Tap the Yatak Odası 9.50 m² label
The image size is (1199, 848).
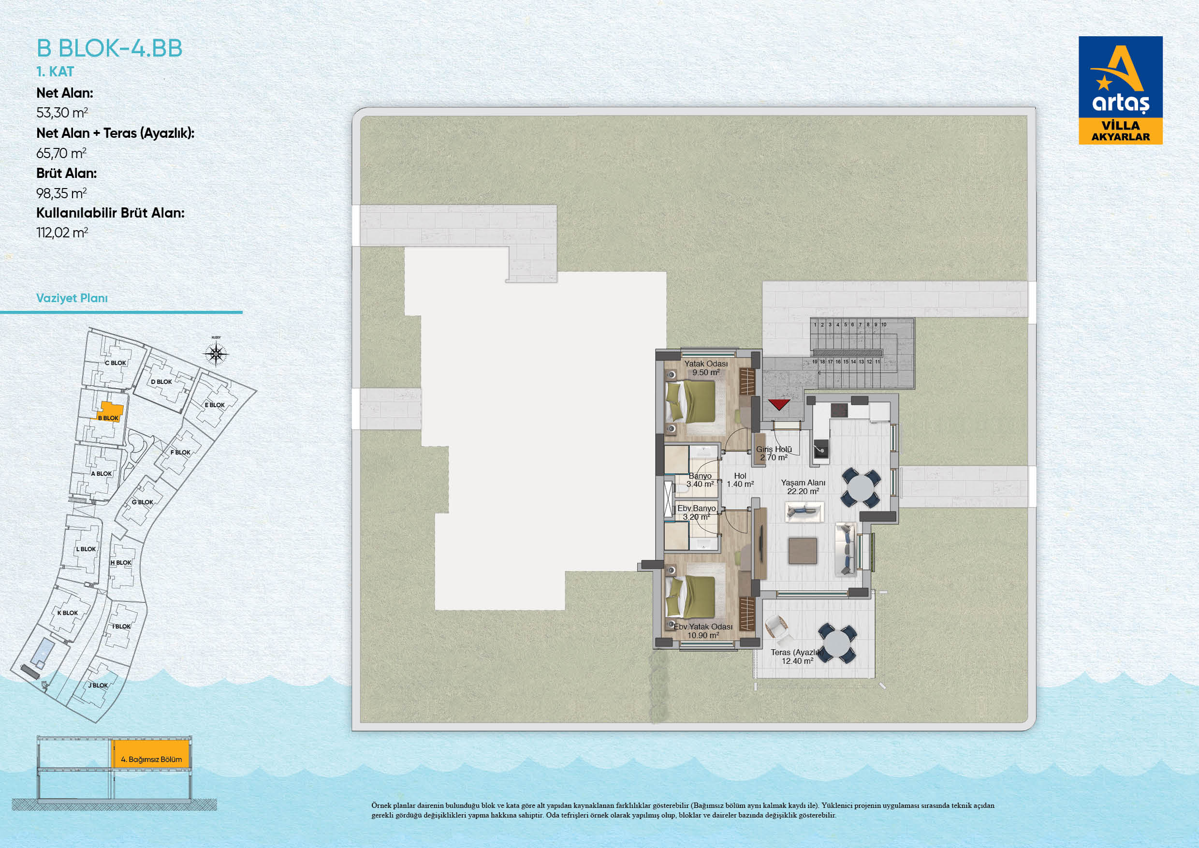click(x=706, y=368)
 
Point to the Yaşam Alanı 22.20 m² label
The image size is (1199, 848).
click(x=803, y=487)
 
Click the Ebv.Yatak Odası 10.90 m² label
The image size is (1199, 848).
click(x=703, y=631)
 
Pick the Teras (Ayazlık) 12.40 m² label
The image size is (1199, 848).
click(x=797, y=657)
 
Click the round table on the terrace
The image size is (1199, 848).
click(x=837, y=643)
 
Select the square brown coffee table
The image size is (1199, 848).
click(x=803, y=551)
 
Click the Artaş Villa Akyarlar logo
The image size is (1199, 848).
click(x=1121, y=90)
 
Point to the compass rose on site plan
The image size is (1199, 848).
click(x=216, y=354)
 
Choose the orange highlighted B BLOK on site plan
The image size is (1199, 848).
click(x=111, y=412)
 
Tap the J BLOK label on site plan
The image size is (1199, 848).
click(x=98, y=686)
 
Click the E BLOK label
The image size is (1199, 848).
click(x=215, y=405)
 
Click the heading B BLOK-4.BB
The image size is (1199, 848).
click(x=110, y=48)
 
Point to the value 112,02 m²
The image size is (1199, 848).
click(x=62, y=233)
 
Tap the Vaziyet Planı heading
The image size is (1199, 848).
click(x=72, y=298)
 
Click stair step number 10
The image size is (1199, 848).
click(x=884, y=325)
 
